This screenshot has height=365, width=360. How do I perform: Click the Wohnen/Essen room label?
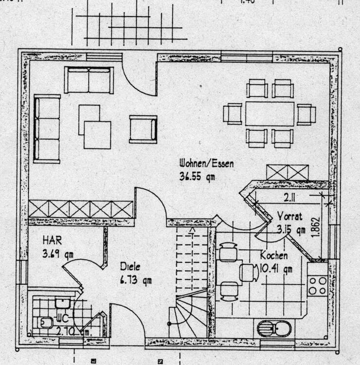206,164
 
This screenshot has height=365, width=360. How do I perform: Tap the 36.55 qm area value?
197,177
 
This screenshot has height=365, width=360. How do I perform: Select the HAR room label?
52,240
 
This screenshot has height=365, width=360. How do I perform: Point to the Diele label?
130,267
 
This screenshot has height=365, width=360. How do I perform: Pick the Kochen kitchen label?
274,255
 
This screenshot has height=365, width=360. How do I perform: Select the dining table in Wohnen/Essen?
270,114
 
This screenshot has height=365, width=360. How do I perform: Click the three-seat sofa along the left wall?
47,129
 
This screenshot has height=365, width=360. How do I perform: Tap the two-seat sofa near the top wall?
89,80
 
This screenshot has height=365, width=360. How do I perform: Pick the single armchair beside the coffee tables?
143,129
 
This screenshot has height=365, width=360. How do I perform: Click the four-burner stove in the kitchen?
317,285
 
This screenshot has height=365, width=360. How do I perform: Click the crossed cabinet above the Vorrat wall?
288,172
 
